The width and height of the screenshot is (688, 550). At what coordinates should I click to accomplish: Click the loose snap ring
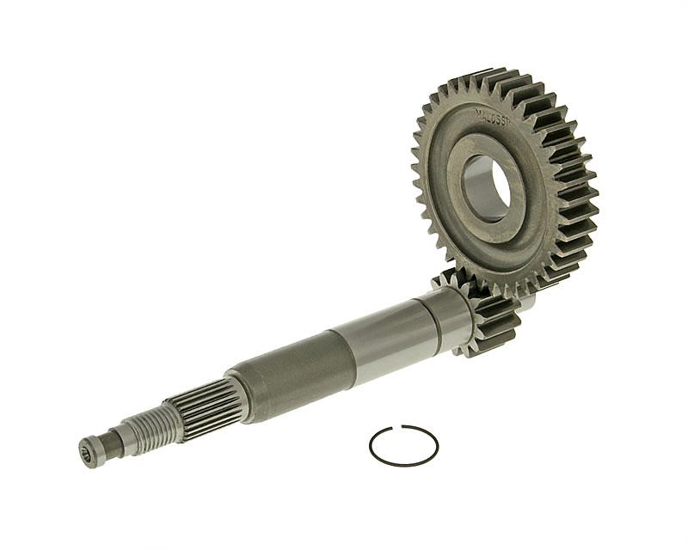click(x=403, y=446)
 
